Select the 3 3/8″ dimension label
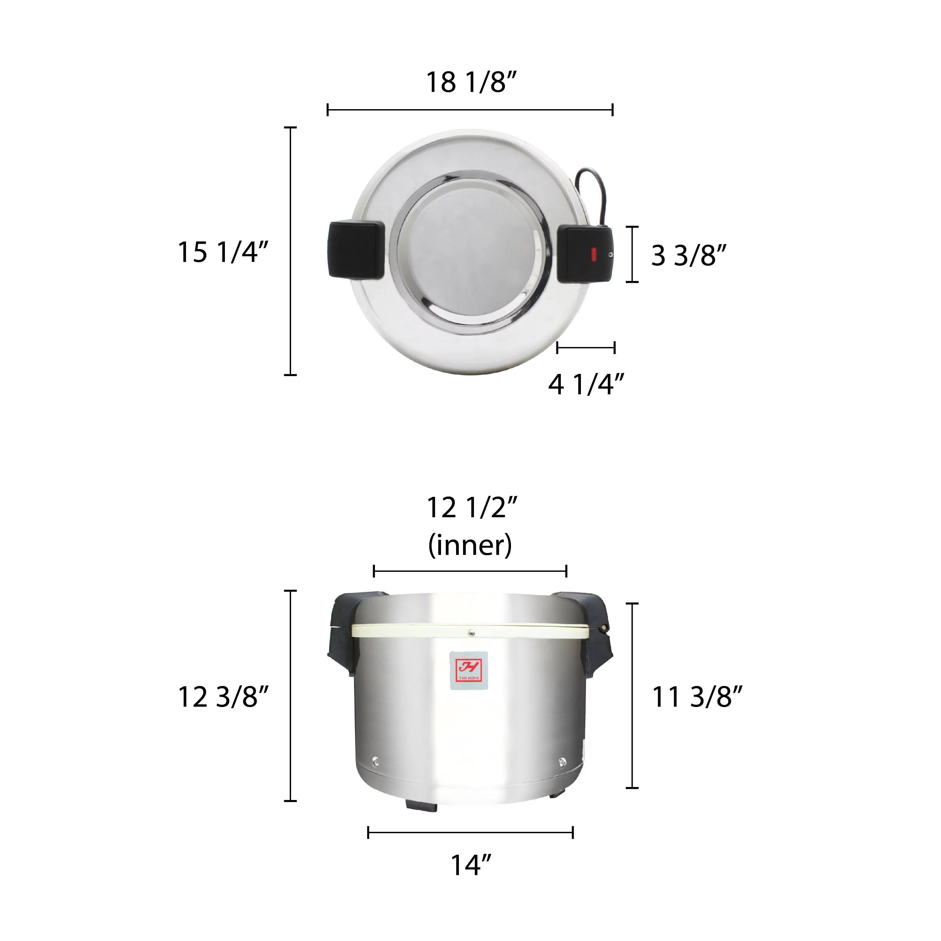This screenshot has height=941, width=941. (x=688, y=255)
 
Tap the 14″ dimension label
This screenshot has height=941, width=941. (x=470, y=865)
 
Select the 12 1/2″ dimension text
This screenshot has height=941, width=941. (x=471, y=508)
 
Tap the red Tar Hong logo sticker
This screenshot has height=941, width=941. (x=469, y=671)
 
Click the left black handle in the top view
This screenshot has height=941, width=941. (x=356, y=250)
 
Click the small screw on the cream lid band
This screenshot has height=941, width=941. (x=470, y=633)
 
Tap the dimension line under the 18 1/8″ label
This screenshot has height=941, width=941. (x=470, y=110)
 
